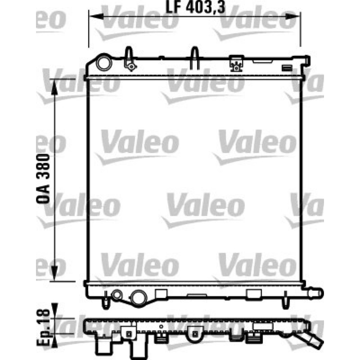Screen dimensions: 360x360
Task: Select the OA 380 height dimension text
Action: (43, 179)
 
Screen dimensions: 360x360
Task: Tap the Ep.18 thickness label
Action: (43, 328)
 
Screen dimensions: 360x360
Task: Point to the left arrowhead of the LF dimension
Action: (96, 16)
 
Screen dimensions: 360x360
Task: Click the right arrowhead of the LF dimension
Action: (292, 16)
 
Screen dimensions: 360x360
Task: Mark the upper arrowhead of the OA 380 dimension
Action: (54, 87)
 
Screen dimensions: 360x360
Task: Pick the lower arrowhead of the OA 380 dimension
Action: (54, 273)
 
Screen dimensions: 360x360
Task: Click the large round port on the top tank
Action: (104, 63)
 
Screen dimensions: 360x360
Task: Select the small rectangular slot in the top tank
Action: (287, 68)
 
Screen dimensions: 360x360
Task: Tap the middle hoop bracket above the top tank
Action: (195, 58)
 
